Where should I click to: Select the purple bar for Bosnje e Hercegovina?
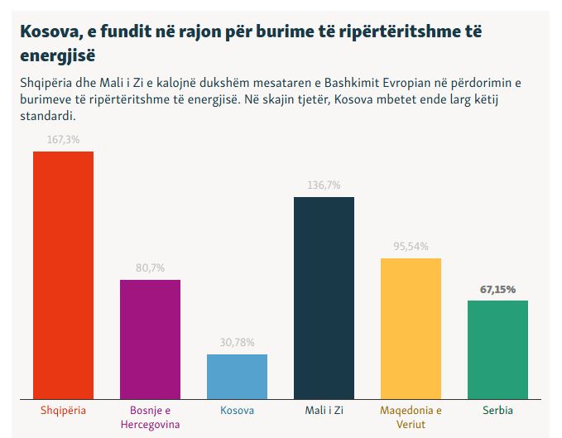[150, 339]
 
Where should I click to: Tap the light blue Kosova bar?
[237, 376]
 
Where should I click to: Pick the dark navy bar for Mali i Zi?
[324, 297]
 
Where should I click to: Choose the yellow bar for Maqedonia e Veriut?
[411, 328]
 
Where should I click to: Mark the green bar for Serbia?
[497, 349]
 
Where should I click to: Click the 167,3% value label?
[63, 140]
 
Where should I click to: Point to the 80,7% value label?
[150, 268]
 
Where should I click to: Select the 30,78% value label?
[237, 343]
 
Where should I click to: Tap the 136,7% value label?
[324, 185]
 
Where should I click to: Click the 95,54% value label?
[411, 247]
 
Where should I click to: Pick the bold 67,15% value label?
[497, 289]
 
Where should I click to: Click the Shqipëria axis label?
[63, 410]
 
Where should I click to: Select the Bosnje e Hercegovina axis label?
[150, 416]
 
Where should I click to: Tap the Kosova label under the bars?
[237, 410]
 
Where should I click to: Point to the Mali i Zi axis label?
[324, 410]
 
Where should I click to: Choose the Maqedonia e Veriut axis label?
[411, 416]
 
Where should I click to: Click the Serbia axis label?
[497, 410]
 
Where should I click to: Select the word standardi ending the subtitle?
[44, 115]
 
